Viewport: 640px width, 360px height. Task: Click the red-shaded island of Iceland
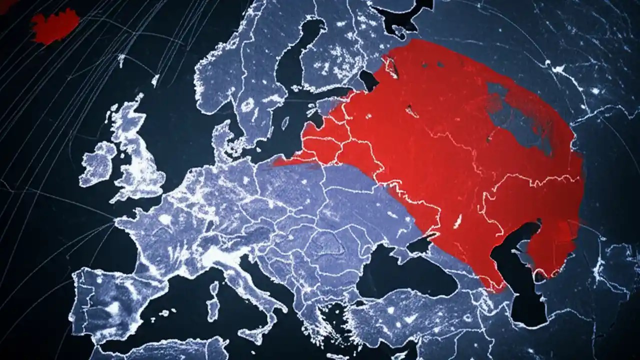tap(55, 25)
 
